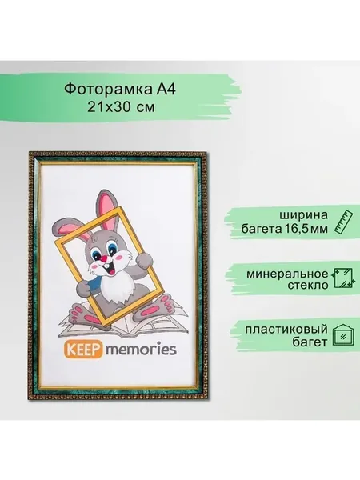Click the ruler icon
(x=343, y=222)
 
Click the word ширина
(x=304, y=215)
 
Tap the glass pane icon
(x=343, y=278)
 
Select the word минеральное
(x=287, y=274)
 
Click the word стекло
(x=308, y=286)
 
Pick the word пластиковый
(x=286, y=330)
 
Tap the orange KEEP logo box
(x=83, y=350)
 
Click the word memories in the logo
(x=141, y=350)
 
